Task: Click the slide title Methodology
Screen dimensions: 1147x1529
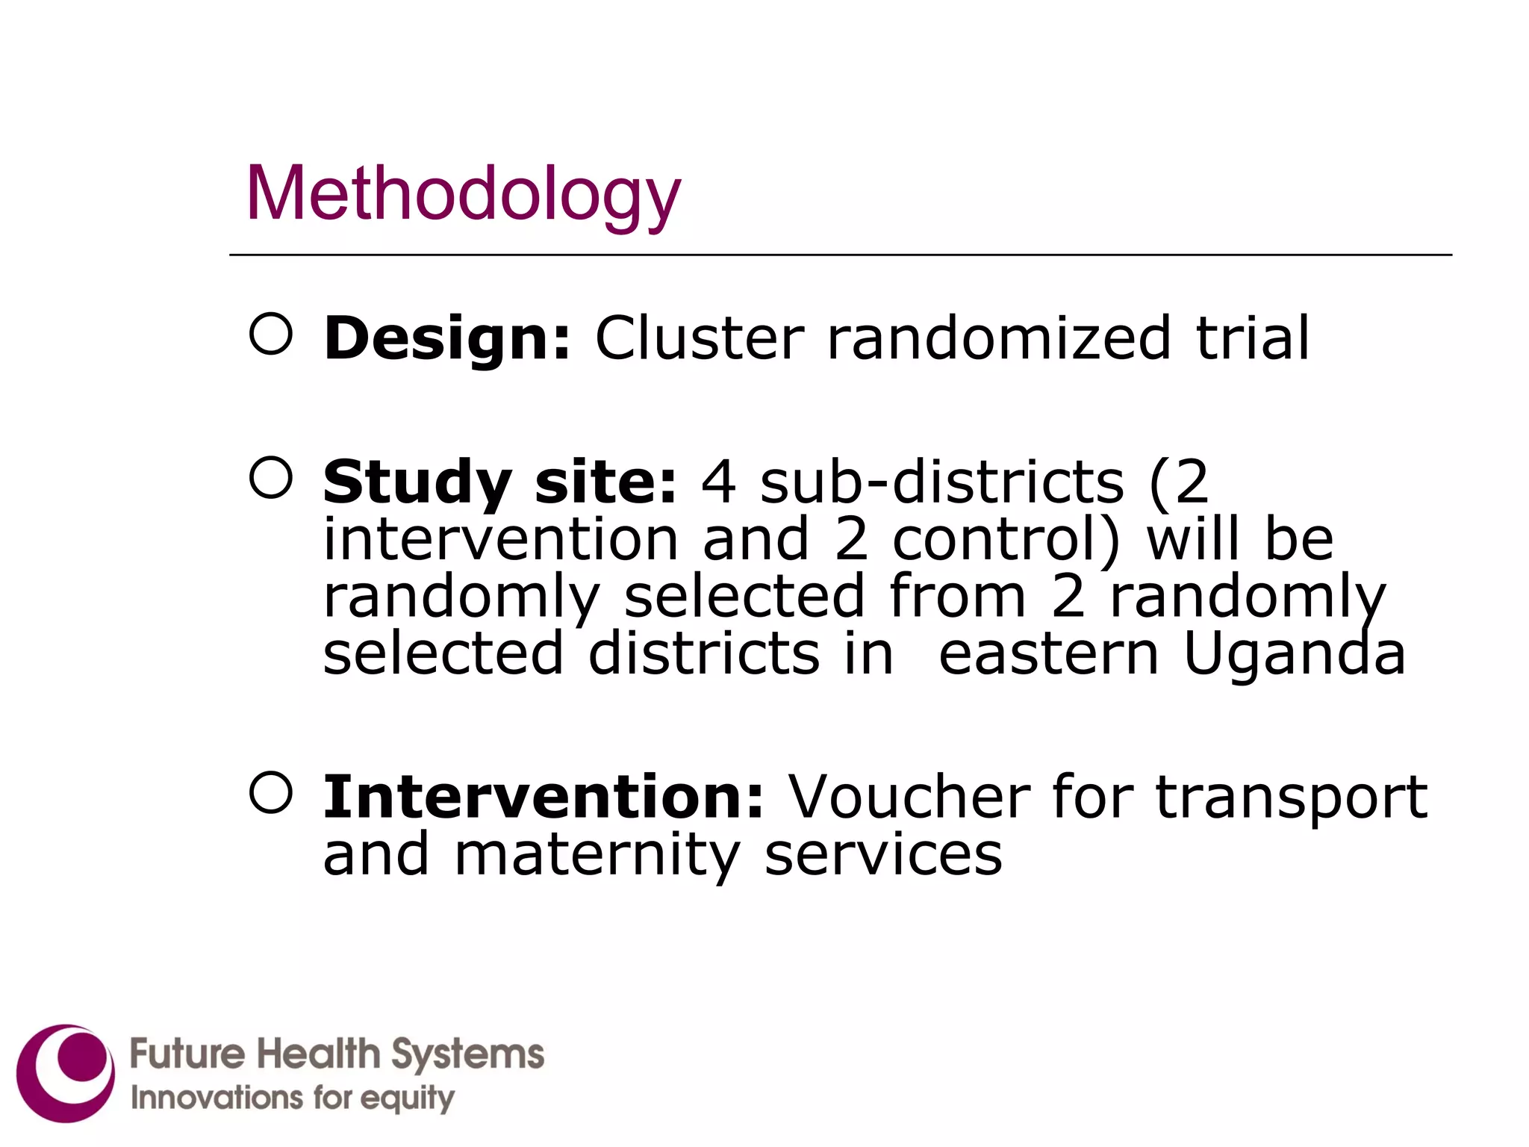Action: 463,194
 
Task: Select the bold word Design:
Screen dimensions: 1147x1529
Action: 446,338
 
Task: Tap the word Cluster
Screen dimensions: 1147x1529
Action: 700,338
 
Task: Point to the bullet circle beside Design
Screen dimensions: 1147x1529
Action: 270,333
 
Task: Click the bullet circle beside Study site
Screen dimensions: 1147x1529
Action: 270,477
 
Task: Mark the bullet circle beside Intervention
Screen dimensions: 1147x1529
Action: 270,792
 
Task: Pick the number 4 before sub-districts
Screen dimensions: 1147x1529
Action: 718,482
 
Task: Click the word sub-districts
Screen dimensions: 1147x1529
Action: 942,482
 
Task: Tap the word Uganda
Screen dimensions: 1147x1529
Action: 1295,654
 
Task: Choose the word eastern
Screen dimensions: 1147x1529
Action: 1048,654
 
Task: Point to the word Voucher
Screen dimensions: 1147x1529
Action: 909,797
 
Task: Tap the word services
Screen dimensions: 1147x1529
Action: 883,854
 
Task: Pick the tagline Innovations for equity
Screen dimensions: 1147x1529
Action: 293,1098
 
